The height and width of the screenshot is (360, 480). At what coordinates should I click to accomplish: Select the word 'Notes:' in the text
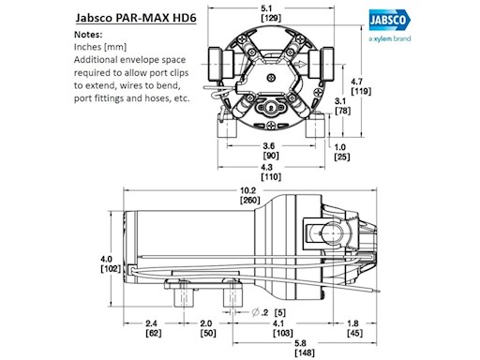coord(88,35)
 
